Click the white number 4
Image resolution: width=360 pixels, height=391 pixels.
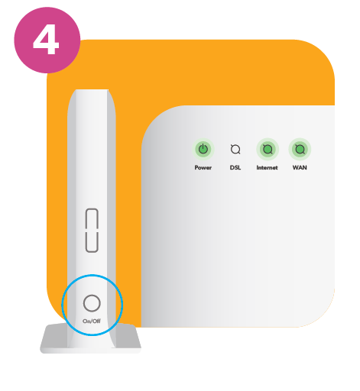[x=46, y=39]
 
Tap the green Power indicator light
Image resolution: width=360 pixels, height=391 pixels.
[x=203, y=149]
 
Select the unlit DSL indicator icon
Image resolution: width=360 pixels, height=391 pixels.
[x=235, y=149]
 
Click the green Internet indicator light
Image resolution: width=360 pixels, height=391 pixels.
[x=268, y=149]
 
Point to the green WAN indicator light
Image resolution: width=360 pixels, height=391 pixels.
[x=300, y=149]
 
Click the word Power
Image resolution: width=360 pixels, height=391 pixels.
[x=203, y=167]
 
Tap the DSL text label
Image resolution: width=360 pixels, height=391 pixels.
[x=235, y=167]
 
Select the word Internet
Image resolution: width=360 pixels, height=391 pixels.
[x=267, y=167]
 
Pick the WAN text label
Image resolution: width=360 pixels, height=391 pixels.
[x=300, y=167]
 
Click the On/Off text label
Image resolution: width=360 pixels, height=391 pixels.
[x=92, y=321]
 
